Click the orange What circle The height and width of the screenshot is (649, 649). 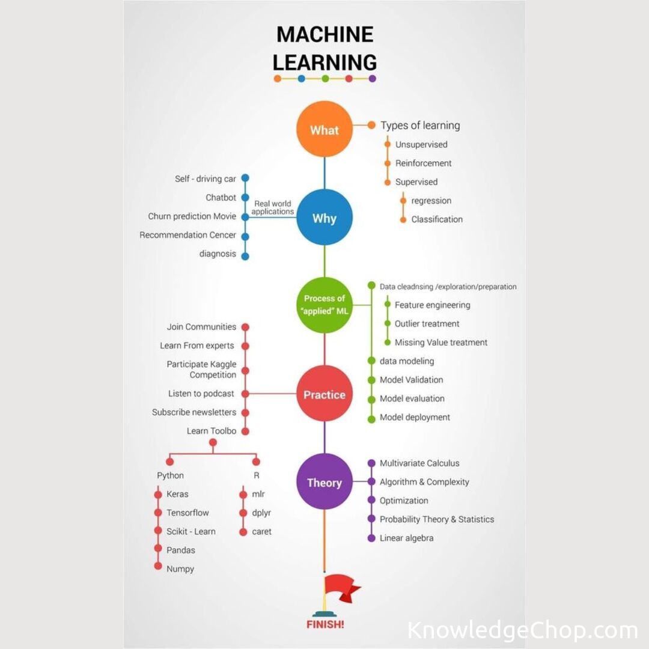coord(324,129)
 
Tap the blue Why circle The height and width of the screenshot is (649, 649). coord(324,218)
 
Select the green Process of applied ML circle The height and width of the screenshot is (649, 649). coord(324,305)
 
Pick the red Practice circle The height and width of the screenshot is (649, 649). coord(324,394)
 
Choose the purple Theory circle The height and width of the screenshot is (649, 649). coord(324,482)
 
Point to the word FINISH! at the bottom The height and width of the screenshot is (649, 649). coord(325,624)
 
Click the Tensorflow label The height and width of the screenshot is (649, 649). coord(187,513)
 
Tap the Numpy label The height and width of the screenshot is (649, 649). coord(180,568)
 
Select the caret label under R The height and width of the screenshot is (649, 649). coord(261,531)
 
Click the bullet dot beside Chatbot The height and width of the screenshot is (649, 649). coord(245,197)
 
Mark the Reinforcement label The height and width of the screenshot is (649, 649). coord(423,163)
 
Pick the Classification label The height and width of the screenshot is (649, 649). coord(437,219)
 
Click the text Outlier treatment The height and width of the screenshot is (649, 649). coord(427,323)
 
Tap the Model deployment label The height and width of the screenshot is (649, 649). coord(415,417)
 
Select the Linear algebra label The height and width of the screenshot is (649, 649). coord(406,538)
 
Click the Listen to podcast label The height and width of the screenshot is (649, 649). coord(201,394)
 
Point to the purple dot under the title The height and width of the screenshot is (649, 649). coord(372,78)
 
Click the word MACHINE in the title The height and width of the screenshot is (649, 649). coord(324,34)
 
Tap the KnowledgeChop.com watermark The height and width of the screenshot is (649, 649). coord(522,630)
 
